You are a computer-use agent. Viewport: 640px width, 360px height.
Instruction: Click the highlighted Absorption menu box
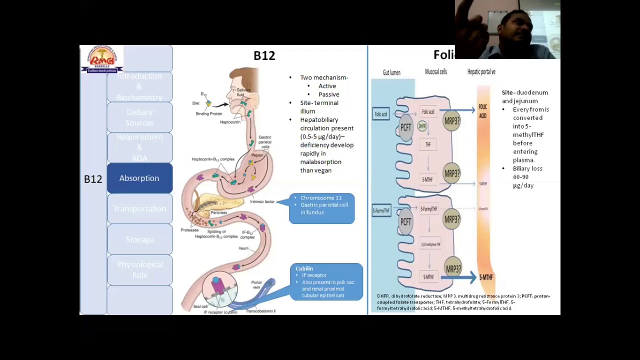(x=139, y=178)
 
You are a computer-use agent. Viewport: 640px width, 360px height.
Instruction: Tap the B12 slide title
(x=264, y=56)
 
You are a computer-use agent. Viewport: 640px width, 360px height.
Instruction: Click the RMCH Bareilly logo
(x=102, y=59)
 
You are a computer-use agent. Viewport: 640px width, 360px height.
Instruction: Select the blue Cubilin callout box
(x=326, y=282)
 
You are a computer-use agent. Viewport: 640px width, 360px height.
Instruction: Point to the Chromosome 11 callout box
(x=322, y=208)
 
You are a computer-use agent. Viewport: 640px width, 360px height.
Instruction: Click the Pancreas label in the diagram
(x=218, y=212)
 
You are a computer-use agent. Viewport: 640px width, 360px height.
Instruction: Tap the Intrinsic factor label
(x=262, y=201)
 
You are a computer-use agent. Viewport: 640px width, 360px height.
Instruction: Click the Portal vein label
(x=256, y=284)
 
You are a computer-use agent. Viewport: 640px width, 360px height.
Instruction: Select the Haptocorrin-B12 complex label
(x=212, y=159)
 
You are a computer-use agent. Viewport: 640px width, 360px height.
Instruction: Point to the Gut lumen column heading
(x=391, y=72)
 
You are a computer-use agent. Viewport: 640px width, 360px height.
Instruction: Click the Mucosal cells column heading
(x=435, y=72)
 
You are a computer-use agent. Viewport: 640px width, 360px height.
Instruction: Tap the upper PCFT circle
(x=405, y=127)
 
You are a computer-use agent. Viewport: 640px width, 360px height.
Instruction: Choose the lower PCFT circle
(x=405, y=221)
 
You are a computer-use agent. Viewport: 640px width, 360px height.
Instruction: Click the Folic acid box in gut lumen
(x=381, y=114)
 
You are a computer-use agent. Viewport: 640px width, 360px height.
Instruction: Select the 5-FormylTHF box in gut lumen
(x=381, y=211)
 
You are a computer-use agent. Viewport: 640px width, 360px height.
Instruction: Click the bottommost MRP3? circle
(x=452, y=269)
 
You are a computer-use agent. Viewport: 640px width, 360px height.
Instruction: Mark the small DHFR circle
(x=422, y=126)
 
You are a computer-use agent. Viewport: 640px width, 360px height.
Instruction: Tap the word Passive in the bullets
(x=328, y=94)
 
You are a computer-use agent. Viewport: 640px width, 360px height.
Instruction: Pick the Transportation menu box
(x=139, y=209)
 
